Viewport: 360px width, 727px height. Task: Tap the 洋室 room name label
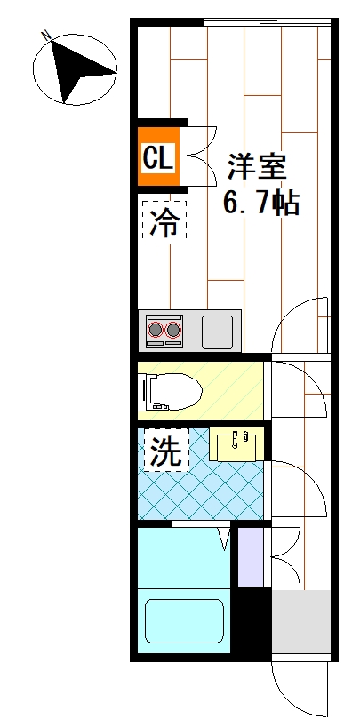(x=258, y=167)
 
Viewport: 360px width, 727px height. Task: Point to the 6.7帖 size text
(x=260, y=204)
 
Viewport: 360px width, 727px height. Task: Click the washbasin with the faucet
(x=236, y=443)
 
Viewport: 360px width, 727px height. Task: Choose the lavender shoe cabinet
(x=251, y=556)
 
